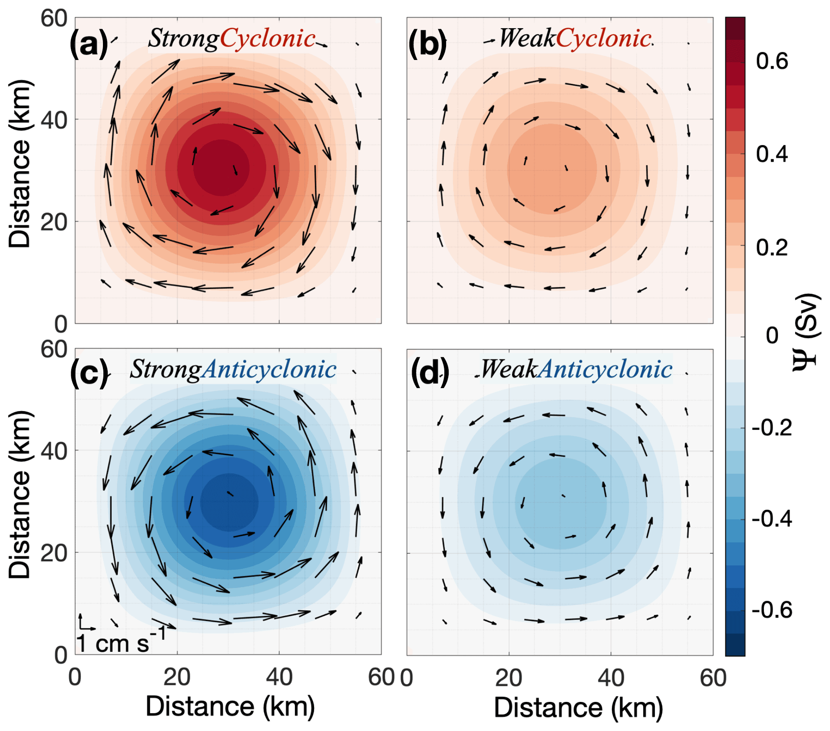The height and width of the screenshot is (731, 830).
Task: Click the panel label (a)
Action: [x=89, y=44]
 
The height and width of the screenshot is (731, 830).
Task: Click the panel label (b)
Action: [x=428, y=44]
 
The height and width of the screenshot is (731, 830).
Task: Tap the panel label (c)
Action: [x=89, y=373]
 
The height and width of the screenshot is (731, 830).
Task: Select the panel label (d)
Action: [x=430, y=373]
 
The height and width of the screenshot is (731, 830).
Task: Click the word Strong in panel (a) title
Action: [x=183, y=39]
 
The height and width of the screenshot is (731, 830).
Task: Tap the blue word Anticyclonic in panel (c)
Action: [x=269, y=370]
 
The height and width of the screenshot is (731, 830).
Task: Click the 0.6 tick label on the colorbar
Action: [x=772, y=61]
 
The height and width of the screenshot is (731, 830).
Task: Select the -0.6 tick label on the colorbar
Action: [x=772, y=610]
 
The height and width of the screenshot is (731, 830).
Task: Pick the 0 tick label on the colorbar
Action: [x=772, y=335]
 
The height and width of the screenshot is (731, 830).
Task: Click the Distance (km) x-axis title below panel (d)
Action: [x=578, y=707]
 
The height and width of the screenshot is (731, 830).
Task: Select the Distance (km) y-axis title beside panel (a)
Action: [x=20, y=164]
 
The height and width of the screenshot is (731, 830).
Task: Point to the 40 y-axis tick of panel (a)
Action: [x=54, y=120]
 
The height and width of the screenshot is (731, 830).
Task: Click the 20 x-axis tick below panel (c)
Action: [x=177, y=677]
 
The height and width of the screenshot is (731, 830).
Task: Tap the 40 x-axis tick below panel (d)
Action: [x=611, y=678]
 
